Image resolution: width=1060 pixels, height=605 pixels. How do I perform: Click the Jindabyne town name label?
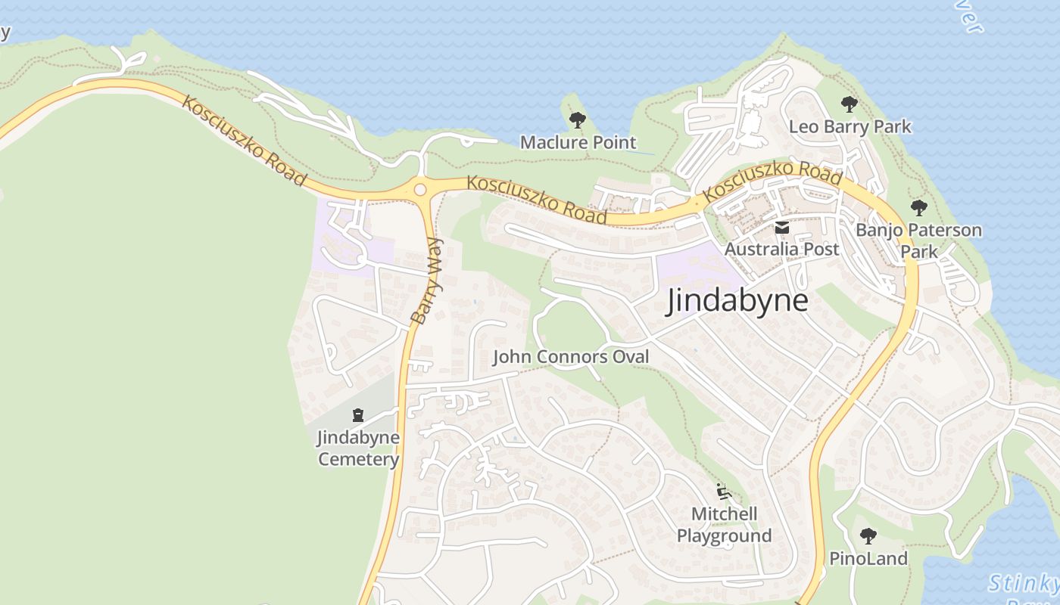[x=737, y=301]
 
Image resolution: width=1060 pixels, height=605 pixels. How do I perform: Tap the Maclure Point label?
[x=578, y=142]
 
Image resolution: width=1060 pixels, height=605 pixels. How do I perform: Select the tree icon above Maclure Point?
[x=577, y=119]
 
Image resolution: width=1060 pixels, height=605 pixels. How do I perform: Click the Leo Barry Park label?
[x=850, y=126]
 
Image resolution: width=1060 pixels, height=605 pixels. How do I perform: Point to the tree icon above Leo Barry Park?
[x=849, y=104]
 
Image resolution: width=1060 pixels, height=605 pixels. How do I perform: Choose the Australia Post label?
[x=781, y=249]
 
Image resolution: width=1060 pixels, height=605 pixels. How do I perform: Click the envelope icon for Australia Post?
[x=781, y=227]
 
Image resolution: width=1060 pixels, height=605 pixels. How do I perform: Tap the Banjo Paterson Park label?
[x=918, y=240]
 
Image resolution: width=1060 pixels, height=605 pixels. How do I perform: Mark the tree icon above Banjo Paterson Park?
[x=918, y=207]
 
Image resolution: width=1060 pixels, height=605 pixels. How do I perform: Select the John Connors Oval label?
[x=571, y=356]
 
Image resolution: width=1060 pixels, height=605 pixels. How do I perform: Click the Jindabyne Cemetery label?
[x=358, y=448]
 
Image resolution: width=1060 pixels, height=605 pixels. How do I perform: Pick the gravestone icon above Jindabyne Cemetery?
[x=358, y=414]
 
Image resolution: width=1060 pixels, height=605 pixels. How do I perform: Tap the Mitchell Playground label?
[x=724, y=525]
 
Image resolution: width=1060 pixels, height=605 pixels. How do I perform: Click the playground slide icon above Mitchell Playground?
[x=724, y=492]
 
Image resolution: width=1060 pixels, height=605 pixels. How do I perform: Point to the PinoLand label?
[x=868, y=559]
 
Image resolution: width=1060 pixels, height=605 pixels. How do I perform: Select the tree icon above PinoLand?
[x=868, y=536]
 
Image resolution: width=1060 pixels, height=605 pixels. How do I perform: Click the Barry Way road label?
[x=426, y=281]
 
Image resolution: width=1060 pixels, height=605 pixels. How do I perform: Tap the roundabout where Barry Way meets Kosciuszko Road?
[x=420, y=189]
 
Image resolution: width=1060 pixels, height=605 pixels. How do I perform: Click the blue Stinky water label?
[x=1024, y=583]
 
